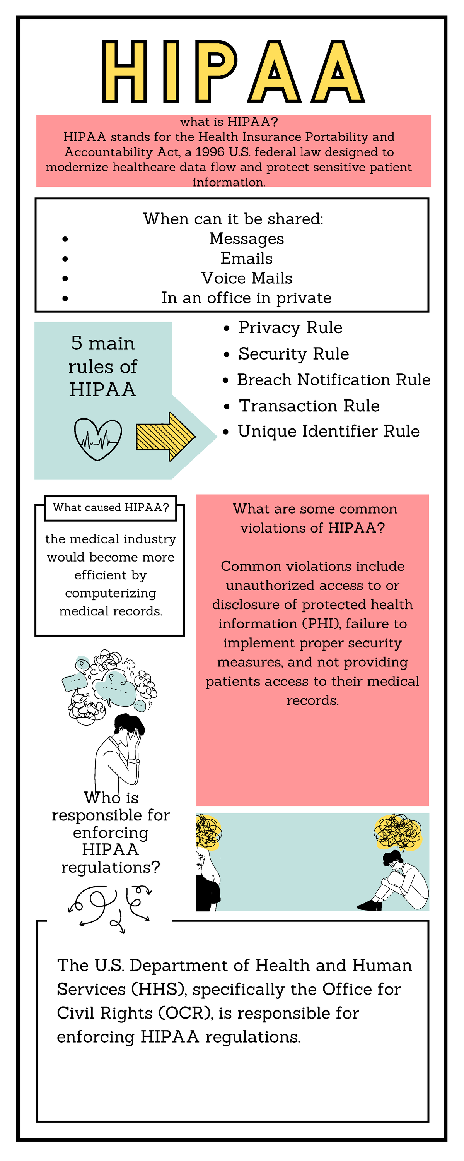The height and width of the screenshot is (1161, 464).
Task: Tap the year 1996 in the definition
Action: tap(210, 152)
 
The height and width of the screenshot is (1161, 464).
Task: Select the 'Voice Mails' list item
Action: tap(246, 278)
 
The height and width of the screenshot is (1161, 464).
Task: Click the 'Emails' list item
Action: tap(246, 258)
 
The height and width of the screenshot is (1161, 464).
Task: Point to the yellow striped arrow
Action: tap(165, 436)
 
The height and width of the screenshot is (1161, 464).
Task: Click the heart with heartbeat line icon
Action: tap(98, 439)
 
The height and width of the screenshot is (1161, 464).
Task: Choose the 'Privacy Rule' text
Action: tap(290, 328)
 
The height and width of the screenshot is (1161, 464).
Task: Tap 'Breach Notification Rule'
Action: tap(333, 380)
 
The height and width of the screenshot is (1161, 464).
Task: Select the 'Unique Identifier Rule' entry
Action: tap(328, 432)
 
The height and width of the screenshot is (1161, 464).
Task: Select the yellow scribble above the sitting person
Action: tap(398, 832)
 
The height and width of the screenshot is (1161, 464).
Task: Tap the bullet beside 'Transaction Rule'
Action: tap(227, 406)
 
